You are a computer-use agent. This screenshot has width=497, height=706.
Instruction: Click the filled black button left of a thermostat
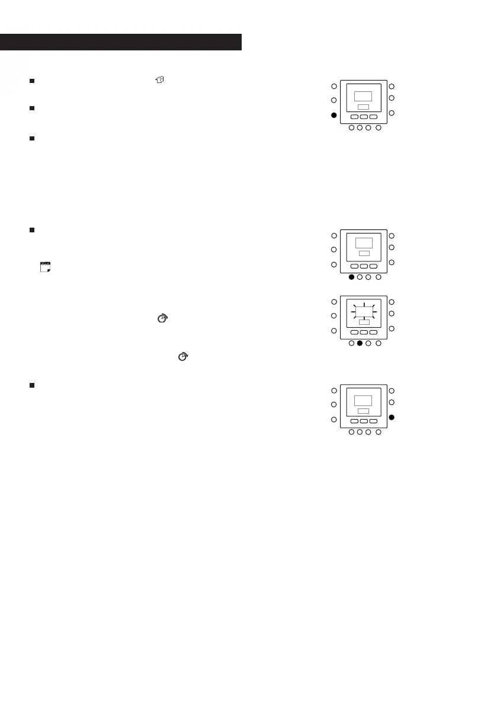pyautogui.click(x=334, y=116)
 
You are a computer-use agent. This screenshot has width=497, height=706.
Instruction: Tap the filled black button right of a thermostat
pyautogui.click(x=392, y=418)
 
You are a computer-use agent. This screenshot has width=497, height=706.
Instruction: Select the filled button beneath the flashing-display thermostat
pyautogui.click(x=360, y=343)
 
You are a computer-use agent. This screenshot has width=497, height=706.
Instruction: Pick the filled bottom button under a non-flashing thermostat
pyautogui.click(x=351, y=277)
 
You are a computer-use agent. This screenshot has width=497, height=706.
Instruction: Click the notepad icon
pyautogui.click(x=44, y=267)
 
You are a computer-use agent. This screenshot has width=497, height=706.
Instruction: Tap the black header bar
pyautogui.click(x=121, y=42)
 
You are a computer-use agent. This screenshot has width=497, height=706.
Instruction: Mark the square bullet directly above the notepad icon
pyautogui.click(x=32, y=230)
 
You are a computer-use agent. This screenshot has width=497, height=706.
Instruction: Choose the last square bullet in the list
pyautogui.click(x=32, y=385)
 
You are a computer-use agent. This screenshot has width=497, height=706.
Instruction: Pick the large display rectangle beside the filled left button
pyautogui.click(x=363, y=96)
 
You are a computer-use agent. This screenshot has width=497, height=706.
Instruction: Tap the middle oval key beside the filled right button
pyautogui.click(x=364, y=421)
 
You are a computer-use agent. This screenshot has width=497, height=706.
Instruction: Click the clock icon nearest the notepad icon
pyautogui.click(x=161, y=318)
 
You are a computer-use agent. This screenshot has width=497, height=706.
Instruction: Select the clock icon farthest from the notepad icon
pyautogui.click(x=184, y=356)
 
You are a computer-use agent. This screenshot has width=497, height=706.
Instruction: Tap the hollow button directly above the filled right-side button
pyautogui.click(x=392, y=402)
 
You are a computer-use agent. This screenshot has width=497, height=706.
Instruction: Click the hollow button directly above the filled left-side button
pyautogui.click(x=334, y=100)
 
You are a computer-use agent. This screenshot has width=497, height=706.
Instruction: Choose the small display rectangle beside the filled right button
pyautogui.click(x=364, y=411)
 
